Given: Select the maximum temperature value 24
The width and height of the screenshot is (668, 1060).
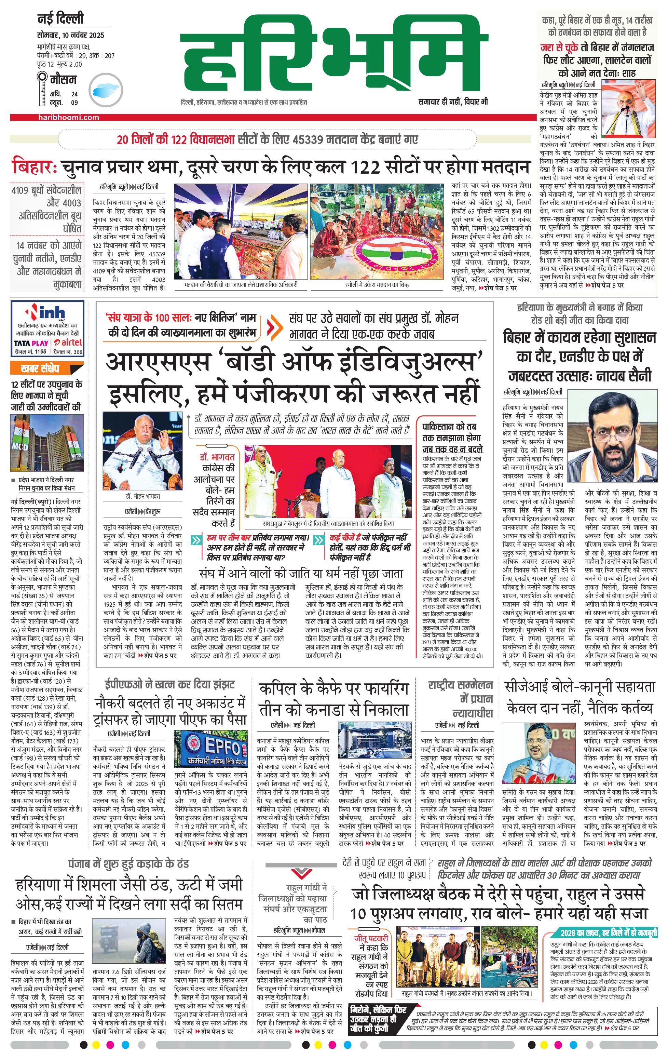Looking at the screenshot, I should click(x=74, y=94).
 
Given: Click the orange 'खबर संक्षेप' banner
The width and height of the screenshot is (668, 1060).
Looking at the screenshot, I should click(x=40, y=368).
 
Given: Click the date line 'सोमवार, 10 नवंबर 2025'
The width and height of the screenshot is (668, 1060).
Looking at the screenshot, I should click(x=70, y=35).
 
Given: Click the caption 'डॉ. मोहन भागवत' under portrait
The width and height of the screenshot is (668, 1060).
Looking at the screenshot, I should click(x=142, y=496).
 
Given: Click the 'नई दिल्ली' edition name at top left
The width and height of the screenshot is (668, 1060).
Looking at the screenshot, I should click(x=60, y=19).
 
